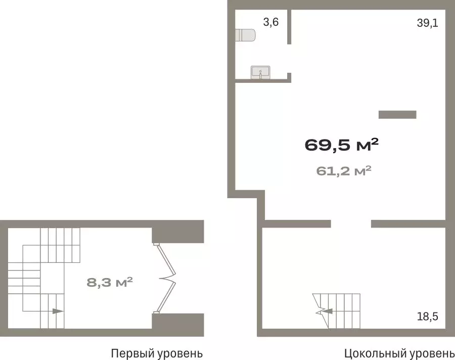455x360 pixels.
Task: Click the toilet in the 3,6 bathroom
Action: coord(245,35)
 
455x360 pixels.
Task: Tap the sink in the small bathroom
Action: coord(260,72)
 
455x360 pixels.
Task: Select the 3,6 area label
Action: coord(271,22)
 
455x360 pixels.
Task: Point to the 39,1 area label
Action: coord(427,23)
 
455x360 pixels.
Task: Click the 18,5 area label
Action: coord(427,316)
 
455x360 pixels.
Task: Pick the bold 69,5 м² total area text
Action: coord(342,145)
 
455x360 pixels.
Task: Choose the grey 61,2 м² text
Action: coord(344,171)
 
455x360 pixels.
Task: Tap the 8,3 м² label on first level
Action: coord(110,282)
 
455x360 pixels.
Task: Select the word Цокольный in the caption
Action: coord(376,353)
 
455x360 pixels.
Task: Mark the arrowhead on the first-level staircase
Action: coord(58,311)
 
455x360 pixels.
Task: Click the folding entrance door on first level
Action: coord(167,279)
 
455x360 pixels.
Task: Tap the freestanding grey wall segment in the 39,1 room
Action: coord(397,115)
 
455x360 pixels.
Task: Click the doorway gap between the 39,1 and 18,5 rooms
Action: coord(351,224)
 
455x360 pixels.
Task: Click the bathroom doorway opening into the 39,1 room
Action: coord(289,58)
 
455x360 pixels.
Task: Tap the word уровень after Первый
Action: coord(179,354)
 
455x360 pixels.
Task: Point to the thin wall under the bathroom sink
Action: coord(263,81)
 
